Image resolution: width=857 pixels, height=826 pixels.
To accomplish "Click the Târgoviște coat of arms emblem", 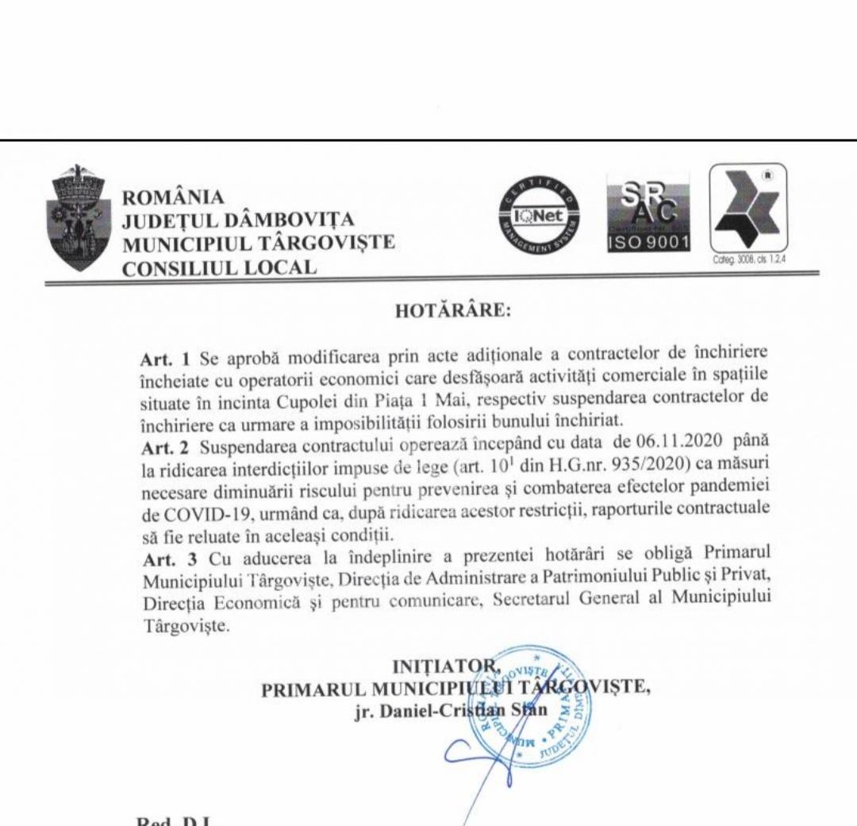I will [x=79, y=217].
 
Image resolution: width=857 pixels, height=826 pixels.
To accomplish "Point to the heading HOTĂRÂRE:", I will [x=452, y=311].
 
